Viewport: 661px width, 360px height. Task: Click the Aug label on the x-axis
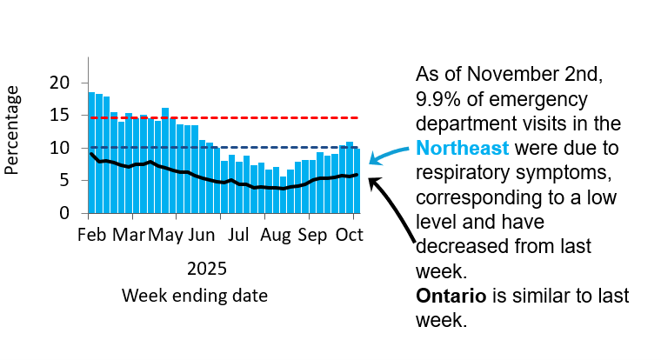275,235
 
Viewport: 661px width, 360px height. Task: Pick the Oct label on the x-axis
349,235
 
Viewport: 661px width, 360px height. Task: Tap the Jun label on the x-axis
202,235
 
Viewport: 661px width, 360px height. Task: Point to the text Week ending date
194,296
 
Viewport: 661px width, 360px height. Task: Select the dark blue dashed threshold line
261,147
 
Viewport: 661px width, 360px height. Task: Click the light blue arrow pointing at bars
390,153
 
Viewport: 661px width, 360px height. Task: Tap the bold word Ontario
451,296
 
